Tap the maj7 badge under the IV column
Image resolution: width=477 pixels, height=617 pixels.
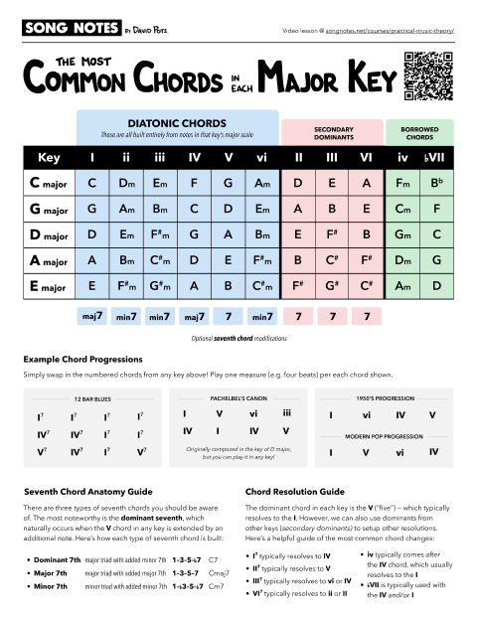(194, 317)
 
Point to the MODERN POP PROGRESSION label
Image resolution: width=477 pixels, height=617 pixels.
(383, 436)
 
